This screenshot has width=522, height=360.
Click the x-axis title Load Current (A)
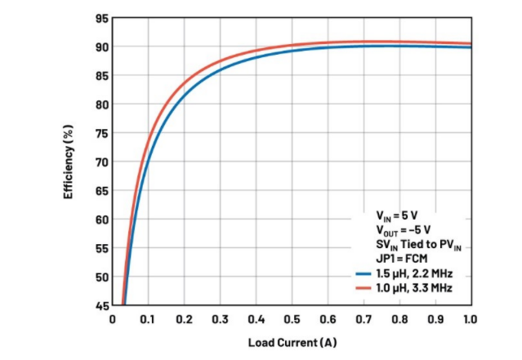[x=292, y=342]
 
